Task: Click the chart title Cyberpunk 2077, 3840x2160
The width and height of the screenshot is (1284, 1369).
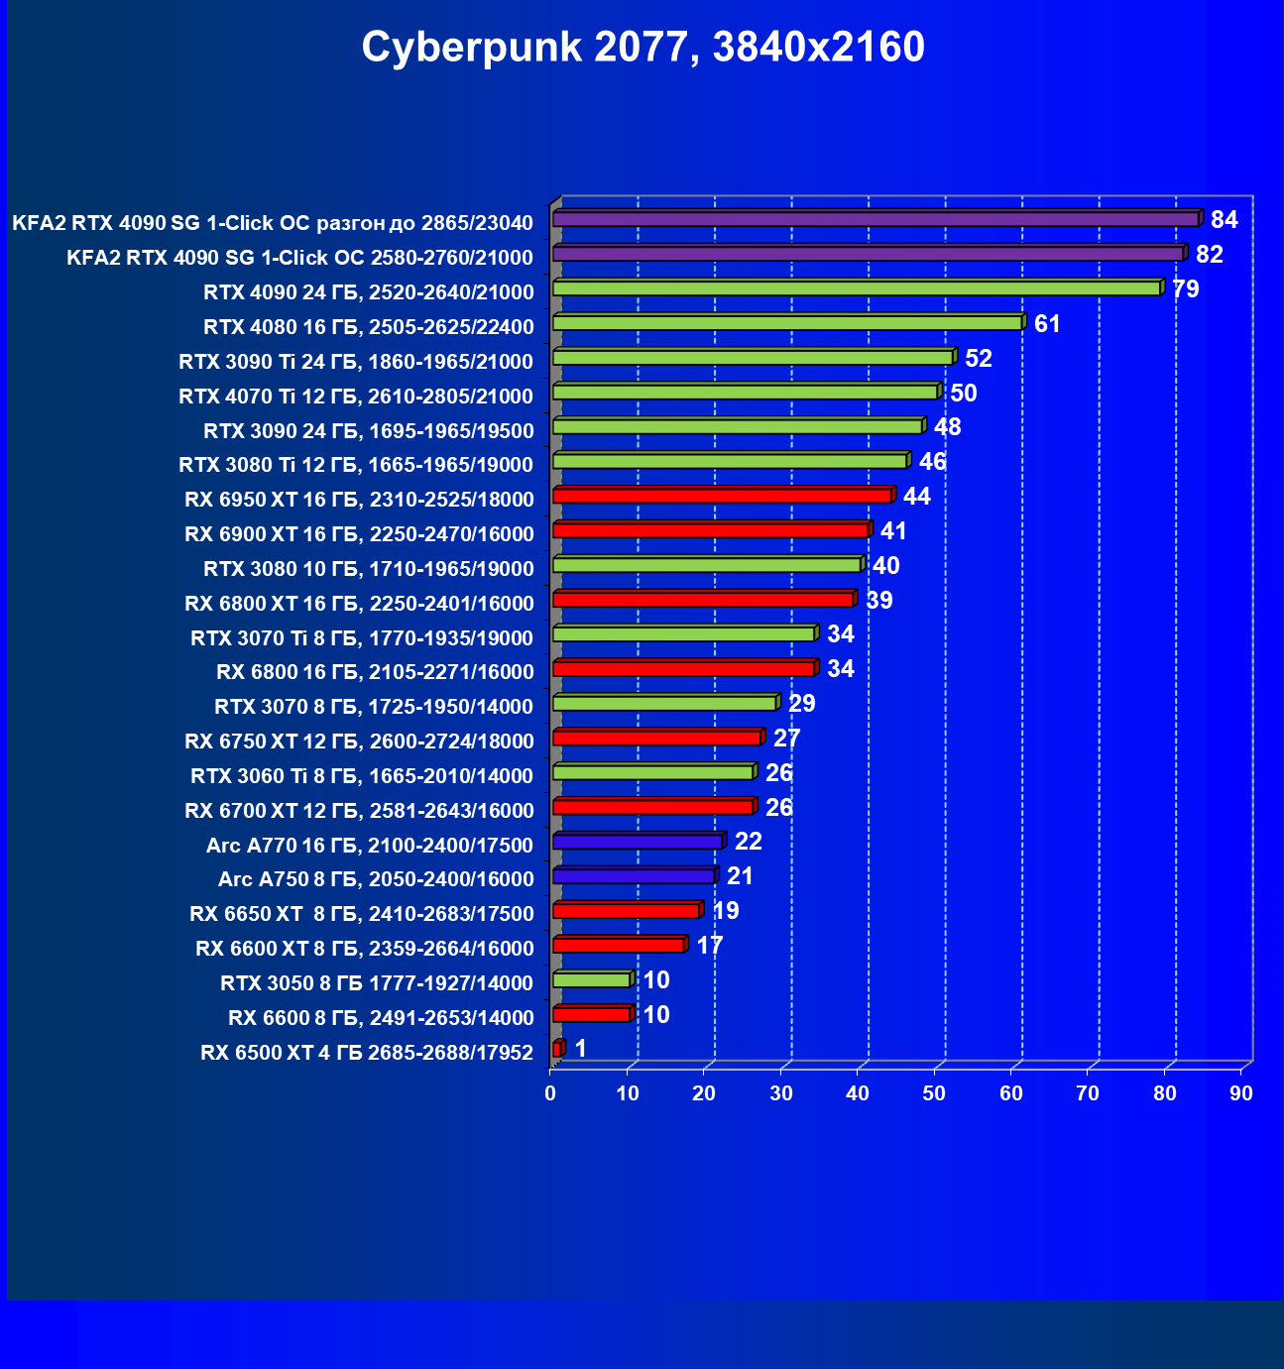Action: tap(642, 48)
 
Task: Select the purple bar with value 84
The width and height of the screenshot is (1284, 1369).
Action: tap(875, 219)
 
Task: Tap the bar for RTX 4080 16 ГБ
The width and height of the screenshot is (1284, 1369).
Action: tap(787, 323)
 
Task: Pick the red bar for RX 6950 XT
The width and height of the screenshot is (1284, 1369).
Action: tap(722, 496)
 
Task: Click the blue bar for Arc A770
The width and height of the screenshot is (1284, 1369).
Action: tap(638, 842)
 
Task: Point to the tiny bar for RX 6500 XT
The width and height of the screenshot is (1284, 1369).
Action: tap(557, 1049)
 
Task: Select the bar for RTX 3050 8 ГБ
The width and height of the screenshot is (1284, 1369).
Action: tap(591, 979)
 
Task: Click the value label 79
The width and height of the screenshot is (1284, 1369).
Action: tap(1186, 289)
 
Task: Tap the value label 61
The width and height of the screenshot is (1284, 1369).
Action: tap(1047, 324)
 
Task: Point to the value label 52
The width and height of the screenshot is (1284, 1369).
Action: tap(979, 359)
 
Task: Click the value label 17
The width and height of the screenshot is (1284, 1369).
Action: tap(710, 946)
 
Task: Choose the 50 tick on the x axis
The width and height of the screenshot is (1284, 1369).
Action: tap(934, 1093)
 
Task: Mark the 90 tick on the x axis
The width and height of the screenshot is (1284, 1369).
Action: tap(1241, 1093)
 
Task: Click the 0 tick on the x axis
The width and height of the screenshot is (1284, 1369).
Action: tap(550, 1093)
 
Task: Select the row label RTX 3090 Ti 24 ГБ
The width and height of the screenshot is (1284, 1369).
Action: tap(356, 362)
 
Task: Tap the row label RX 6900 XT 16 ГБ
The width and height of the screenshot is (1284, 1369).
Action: tap(359, 534)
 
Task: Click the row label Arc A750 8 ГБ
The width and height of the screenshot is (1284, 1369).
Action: tap(376, 879)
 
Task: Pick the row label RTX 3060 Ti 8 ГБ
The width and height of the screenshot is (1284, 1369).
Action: tap(362, 776)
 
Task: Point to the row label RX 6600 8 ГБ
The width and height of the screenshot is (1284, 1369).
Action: tap(381, 1018)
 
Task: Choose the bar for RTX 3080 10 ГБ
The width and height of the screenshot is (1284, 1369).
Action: tap(707, 565)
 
